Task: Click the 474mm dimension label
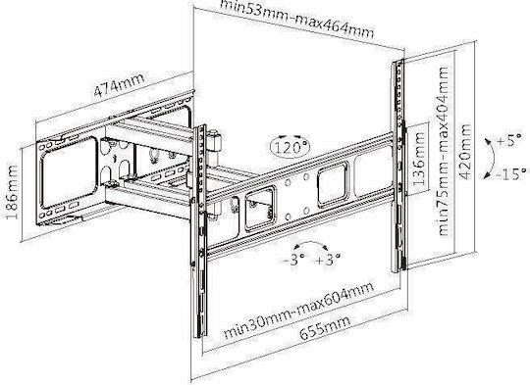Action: click(x=119, y=84)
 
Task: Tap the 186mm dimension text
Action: click(x=12, y=192)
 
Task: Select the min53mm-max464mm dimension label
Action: click(x=296, y=19)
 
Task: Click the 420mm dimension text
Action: click(x=465, y=152)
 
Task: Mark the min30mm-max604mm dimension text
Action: click(x=299, y=310)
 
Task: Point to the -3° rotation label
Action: click(x=291, y=260)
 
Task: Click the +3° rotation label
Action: click(x=328, y=260)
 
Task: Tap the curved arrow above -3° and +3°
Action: click(x=310, y=243)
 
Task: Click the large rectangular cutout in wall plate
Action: click(x=68, y=172)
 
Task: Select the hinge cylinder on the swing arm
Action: click(x=215, y=141)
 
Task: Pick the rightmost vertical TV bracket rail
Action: click(x=398, y=165)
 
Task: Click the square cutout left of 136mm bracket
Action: click(x=333, y=182)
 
